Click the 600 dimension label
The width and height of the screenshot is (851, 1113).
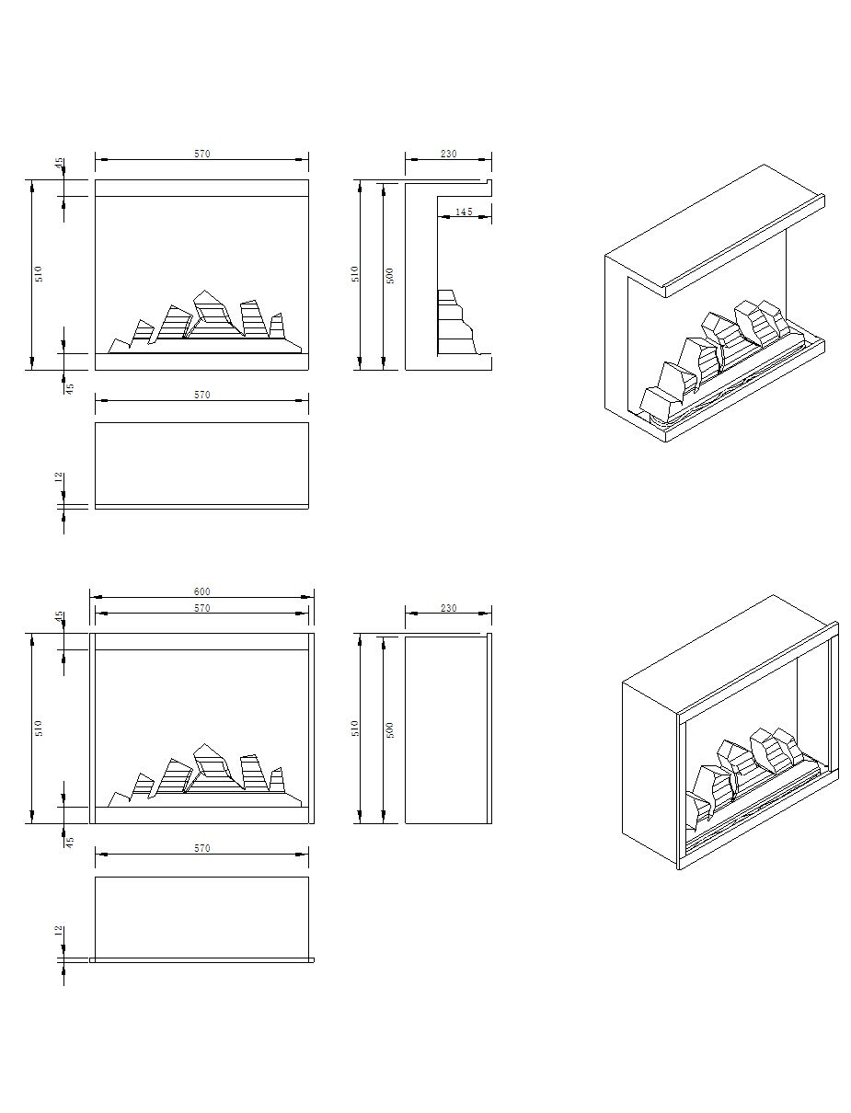coord(201,591)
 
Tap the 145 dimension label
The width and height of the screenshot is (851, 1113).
coord(464,212)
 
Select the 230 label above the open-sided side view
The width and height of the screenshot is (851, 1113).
coord(448,153)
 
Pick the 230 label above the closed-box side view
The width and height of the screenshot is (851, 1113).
coord(448,607)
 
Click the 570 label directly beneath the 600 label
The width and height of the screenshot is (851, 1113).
coord(201,607)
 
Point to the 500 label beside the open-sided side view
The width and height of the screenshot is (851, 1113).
coord(390,275)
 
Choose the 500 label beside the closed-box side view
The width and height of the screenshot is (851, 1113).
coord(390,729)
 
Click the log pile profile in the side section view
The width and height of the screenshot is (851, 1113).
coord(456,322)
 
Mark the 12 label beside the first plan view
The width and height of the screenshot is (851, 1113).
coord(59,476)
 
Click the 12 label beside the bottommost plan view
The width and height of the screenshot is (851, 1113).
coord(59,931)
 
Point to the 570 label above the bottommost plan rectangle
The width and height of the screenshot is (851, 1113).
coord(201,848)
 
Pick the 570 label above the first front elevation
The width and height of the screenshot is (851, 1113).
coord(201,153)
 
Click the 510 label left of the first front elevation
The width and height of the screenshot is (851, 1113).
coord(39,274)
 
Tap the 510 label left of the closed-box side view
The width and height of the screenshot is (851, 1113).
coord(355,729)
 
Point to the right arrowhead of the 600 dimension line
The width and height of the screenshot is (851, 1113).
coord(307,597)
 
